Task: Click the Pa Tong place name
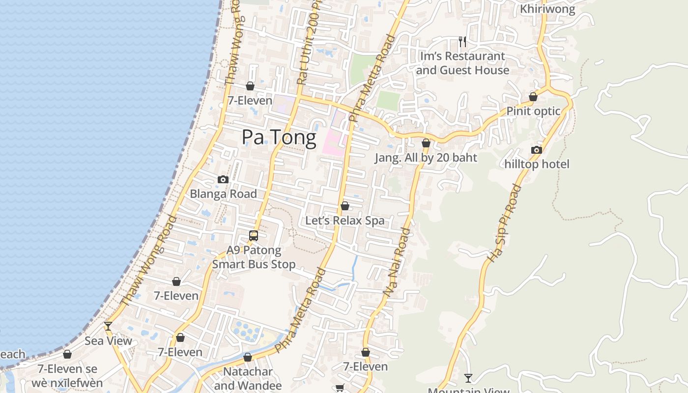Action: click(279, 137)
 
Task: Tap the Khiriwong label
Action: click(547, 9)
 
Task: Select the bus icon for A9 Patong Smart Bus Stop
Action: click(254, 236)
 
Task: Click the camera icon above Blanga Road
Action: click(223, 180)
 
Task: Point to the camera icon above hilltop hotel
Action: click(537, 150)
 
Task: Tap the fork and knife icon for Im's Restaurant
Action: click(462, 42)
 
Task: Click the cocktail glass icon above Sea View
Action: click(108, 326)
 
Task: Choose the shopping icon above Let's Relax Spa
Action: click(345, 206)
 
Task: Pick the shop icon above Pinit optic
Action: click(533, 97)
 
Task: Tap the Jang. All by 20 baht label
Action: click(426, 158)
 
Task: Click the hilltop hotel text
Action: click(537, 164)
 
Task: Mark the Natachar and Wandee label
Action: click(248, 378)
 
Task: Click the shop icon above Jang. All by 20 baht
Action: click(426, 143)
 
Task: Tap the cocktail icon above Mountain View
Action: click(468, 378)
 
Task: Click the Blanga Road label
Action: click(223, 194)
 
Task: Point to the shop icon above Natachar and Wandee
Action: click(248, 357)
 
